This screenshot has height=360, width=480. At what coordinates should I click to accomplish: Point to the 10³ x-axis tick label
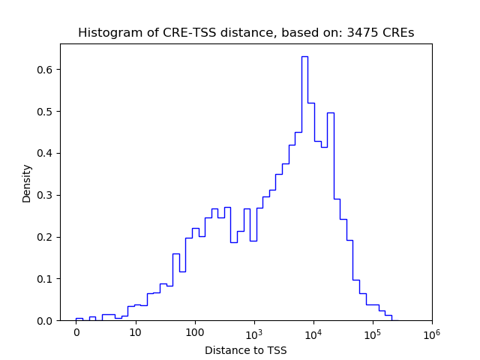point(253,332)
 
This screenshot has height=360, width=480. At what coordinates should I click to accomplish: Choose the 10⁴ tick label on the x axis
point(313,332)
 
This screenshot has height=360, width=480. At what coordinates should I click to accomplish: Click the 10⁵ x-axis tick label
point(372,332)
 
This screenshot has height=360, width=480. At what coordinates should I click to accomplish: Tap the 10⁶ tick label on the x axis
point(431,332)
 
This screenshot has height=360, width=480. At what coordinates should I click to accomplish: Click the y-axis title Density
point(27,183)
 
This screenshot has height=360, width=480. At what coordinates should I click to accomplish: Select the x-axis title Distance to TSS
point(245,350)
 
